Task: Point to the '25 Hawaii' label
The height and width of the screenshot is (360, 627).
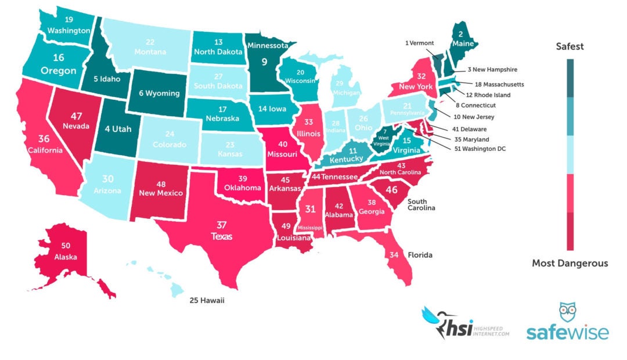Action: pyautogui.click(x=207, y=300)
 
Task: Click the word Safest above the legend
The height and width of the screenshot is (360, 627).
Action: pyautogui.click(x=570, y=46)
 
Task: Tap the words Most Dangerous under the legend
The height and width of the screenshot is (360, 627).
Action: pyautogui.click(x=570, y=264)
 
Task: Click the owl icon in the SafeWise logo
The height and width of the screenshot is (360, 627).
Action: pyautogui.click(x=568, y=313)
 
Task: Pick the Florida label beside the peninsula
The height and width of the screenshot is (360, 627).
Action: pyautogui.click(x=420, y=255)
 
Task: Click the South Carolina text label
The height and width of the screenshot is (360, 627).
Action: pyautogui.click(x=421, y=204)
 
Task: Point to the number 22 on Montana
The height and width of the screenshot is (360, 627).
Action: pyautogui.click(x=150, y=42)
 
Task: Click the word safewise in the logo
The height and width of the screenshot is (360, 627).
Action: pyautogui.click(x=567, y=333)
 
